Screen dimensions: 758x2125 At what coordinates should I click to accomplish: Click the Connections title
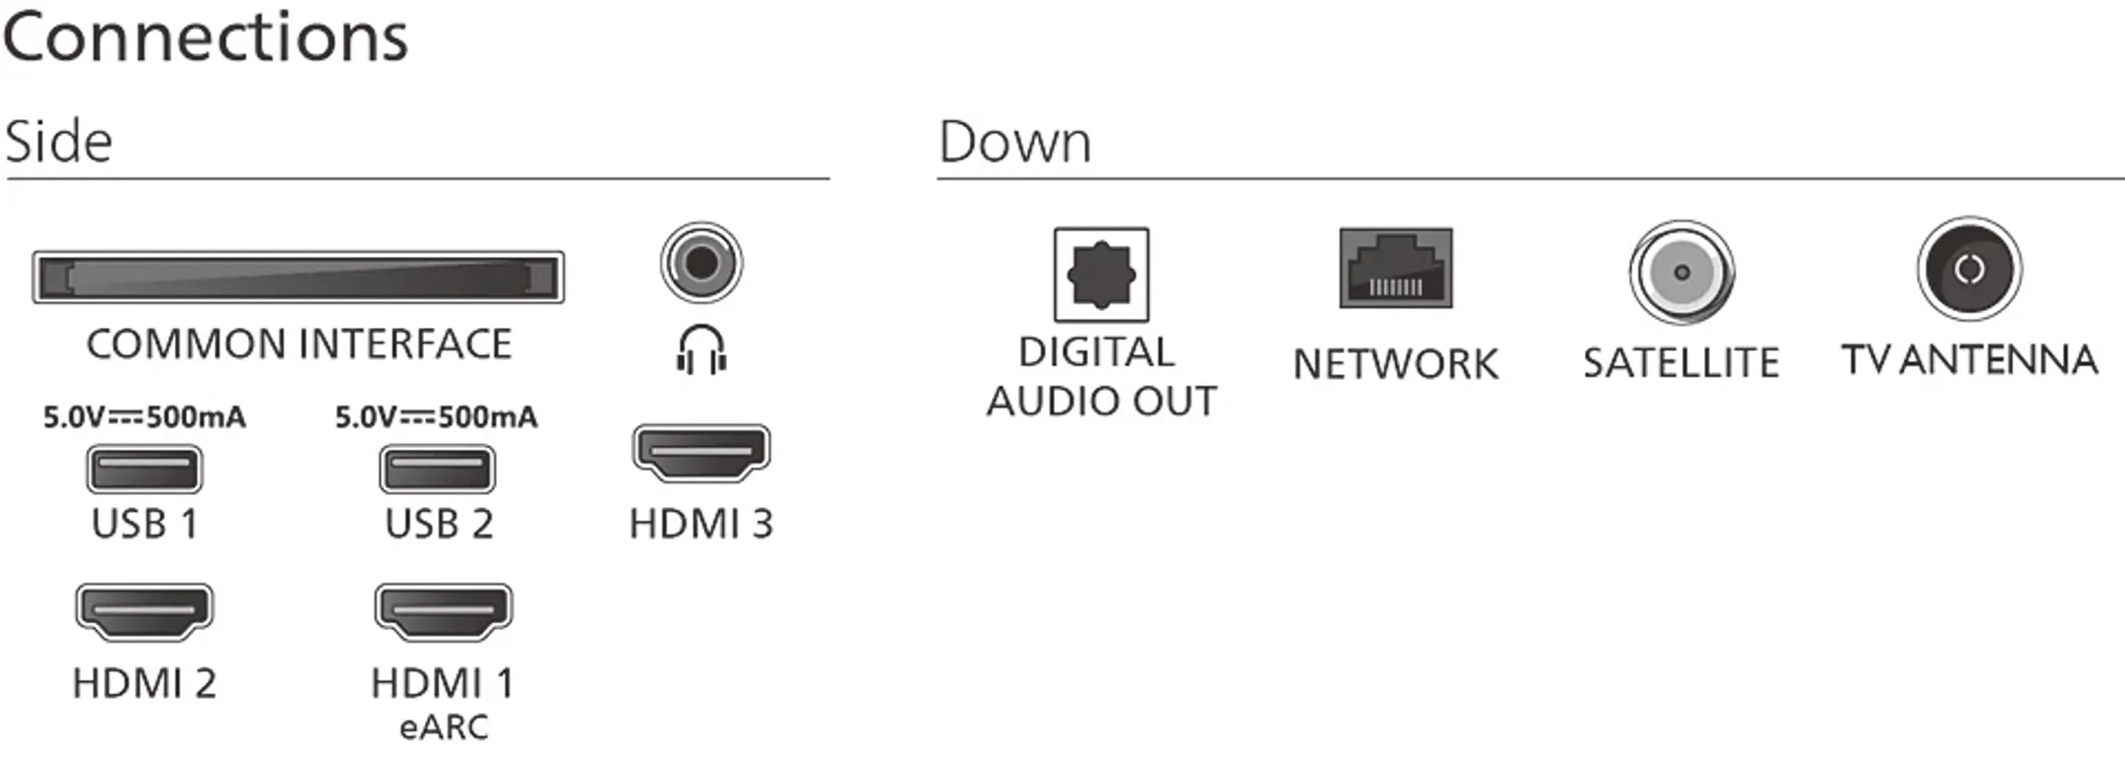click(x=205, y=37)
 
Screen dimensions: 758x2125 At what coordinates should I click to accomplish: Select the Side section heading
click(x=59, y=142)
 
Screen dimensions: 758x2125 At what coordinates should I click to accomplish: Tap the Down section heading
click(x=1014, y=142)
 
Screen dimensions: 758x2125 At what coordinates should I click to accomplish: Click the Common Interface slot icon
click(x=298, y=277)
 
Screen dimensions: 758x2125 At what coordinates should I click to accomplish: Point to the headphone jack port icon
click(x=701, y=262)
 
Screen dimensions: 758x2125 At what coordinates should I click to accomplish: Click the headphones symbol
click(x=701, y=349)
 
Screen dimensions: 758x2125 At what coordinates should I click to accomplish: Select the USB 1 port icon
click(x=145, y=469)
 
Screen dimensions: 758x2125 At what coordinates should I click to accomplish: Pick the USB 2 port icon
click(x=437, y=469)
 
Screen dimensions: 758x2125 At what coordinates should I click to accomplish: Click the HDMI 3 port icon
click(x=700, y=453)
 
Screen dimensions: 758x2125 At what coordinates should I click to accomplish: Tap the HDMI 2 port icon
click(x=145, y=611)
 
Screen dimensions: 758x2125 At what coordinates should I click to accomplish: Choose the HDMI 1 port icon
click(x=444, y=611)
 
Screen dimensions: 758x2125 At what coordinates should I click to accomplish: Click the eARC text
click(x=444, y=727)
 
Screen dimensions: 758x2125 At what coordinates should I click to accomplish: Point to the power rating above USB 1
click(x=145, y=417)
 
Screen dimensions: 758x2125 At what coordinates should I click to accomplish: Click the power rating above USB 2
click(x=437, y=417)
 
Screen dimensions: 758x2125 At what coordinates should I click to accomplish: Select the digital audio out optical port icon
click(x=1101, y=274)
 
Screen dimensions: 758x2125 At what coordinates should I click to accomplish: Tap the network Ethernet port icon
click(x=1395, y=268)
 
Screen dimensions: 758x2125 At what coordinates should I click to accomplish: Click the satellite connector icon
click(x=1681, y=272)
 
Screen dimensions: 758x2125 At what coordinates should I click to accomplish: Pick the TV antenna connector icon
click(x=1970, y=269)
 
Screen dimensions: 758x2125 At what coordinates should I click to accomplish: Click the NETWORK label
click(x=1395, y=364)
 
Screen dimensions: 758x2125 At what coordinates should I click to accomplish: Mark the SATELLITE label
click(x=1680, y=363)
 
